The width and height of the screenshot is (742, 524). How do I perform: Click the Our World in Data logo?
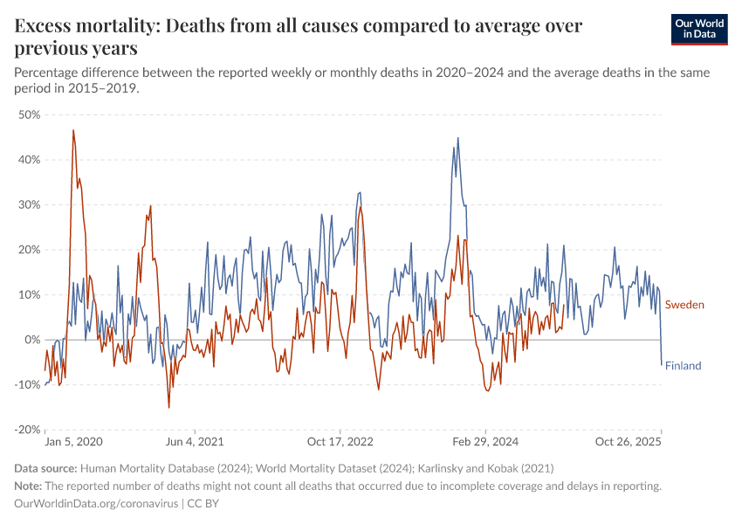click(698, 29)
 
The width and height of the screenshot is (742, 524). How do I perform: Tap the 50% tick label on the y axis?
click(30, 114)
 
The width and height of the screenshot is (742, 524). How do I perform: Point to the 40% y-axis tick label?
click(30, 160)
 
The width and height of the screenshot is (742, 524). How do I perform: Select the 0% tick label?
click(32, 340)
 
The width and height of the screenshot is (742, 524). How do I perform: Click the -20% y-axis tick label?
click(28, 430)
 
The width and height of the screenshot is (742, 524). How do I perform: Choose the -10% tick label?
click(28, 384)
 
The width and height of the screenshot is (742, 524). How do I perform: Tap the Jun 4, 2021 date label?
click(196, 443)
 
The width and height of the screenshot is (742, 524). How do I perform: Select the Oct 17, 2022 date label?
click(340, 443)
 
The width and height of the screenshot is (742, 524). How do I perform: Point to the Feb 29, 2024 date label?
click(486, 443)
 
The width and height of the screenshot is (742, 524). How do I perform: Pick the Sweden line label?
click(684, 305)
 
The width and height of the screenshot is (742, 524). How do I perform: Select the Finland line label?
click(684, 366)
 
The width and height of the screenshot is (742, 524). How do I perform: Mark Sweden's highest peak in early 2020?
click(73, 131)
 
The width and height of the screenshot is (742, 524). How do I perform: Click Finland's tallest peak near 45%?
click(457, 138)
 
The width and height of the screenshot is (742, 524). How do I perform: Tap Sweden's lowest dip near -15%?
click(169, 407)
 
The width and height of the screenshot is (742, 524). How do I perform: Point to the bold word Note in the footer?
click(28, 486)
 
